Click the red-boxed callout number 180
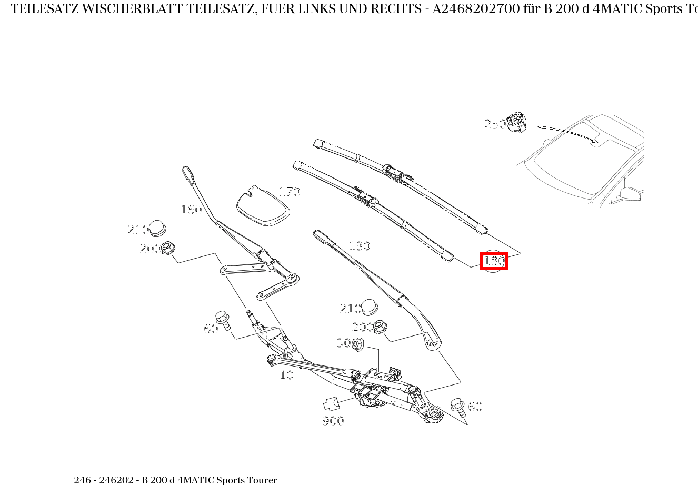(494, 261)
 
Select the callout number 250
(495, 124)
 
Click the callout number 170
(290, 192)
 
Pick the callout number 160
(191, 210)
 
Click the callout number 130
(360, 246)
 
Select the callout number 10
(286, 375)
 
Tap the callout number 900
(333, 420)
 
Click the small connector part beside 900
(330, 404)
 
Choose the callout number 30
(343, 343)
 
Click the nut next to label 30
(358, 344)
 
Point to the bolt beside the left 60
(223, 319)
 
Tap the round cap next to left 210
(157, 229)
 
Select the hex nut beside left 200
(168, 247)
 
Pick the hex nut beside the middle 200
(380, 327)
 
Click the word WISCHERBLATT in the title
(128, 9)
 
